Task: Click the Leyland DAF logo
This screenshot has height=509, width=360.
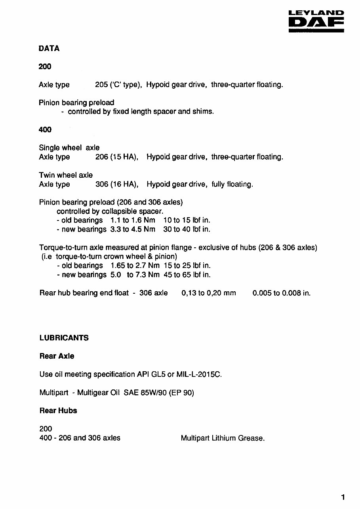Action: (316, 22)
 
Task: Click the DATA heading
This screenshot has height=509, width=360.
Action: (49, 49)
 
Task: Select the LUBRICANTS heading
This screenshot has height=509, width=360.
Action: (64, 338)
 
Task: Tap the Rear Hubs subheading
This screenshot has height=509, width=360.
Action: (58, 411)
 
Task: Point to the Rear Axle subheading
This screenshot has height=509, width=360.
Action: (57, 356)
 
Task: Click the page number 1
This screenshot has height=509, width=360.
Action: (343, 498)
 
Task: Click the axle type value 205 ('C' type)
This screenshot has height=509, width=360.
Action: (118, 85)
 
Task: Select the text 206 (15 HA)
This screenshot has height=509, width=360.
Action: (116, 157)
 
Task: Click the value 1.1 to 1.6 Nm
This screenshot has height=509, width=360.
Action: (133, 220)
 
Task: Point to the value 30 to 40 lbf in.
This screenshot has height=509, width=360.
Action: (187, 230)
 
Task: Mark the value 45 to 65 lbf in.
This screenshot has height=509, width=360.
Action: (187, 275)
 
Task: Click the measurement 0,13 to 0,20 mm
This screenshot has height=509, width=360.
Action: (209, 293)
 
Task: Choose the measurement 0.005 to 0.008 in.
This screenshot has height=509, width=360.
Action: (282, 293)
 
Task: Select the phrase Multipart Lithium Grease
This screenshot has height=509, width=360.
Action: (223, 438)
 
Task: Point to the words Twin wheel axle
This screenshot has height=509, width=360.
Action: (66, 175)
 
